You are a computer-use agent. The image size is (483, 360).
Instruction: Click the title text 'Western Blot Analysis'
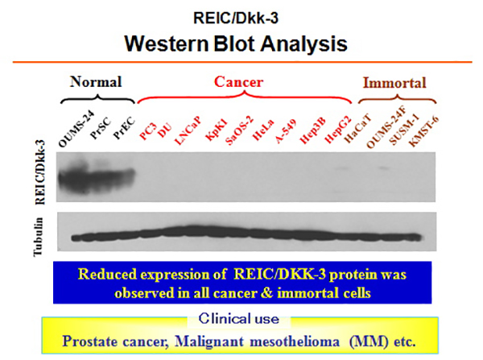pyautogui.click(x=236, y=44)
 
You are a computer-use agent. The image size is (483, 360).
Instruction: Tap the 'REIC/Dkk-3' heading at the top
pyautogui.click(x=236, y=19)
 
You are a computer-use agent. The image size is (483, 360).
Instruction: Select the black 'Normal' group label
pyautogui.click(x=96, y=82)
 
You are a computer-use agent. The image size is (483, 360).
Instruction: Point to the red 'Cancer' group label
pyautogui.click(x=239, y=82)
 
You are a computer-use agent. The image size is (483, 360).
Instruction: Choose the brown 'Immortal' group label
pyautogui.click(x=394, y=83)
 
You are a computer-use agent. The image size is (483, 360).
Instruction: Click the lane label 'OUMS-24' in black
pyautogui.click(x=76, y=130)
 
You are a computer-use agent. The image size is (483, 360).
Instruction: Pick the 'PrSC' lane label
pyautogui.click(x=101, y=128)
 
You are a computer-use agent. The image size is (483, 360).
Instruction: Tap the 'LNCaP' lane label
pyautogui.click(x=188, y=130)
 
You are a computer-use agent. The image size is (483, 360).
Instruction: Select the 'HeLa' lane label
pyautogui.click(x=262, y=130)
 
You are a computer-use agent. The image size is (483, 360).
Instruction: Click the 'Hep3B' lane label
pyautogui.click(x=312, y=130)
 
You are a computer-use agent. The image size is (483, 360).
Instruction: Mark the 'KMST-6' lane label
pyautogui.click(x=423, y=132)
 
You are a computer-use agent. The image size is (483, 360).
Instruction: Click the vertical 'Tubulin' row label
pyautogui.click(x=38, y=237)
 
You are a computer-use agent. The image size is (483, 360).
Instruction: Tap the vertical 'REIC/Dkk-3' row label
pyautogui.click(x=40, y=172)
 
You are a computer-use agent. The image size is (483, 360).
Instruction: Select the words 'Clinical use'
pyautogui.click(x=239, y=319)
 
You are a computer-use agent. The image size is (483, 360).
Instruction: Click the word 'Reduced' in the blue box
pyautogui.click(x=107, y=274)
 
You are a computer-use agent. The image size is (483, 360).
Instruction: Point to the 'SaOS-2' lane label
pyautogui.click(x=239, y=130)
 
